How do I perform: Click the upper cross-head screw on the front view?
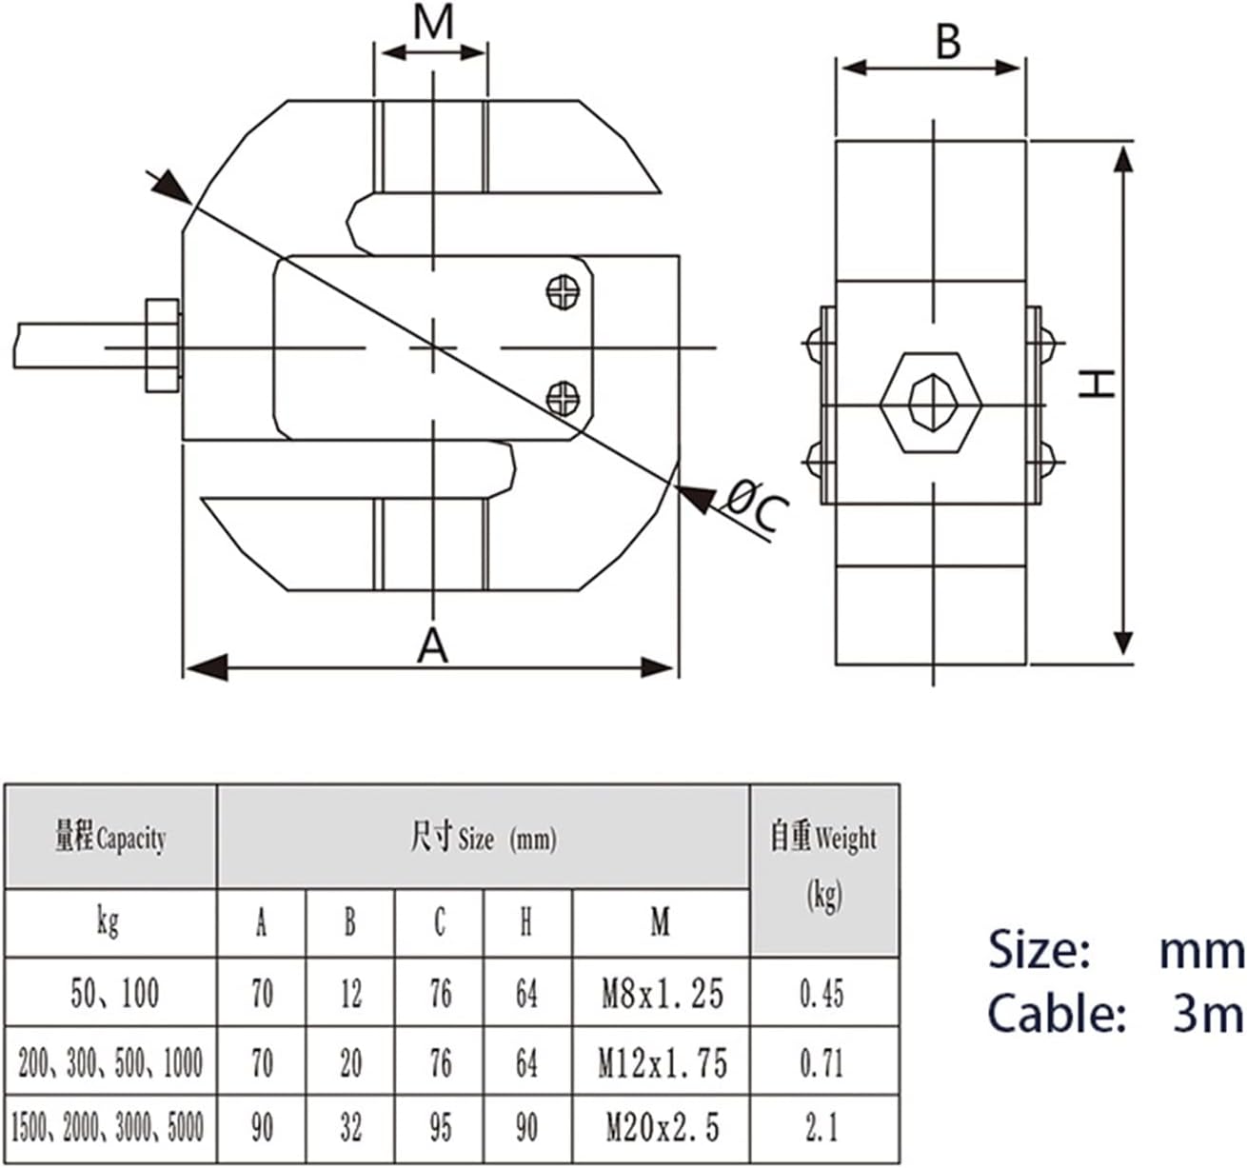click(563, 291)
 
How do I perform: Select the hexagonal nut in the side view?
click(930, 401)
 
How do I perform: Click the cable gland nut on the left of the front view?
click(161, 346)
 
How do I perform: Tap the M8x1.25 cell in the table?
click(662, 994)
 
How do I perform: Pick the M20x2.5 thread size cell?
click(662, 1128)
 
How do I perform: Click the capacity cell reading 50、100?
click(113, 994)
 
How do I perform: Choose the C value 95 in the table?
click(439, 1128)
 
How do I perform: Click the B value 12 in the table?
click(350, 994)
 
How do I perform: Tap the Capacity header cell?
click(110, 839)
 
